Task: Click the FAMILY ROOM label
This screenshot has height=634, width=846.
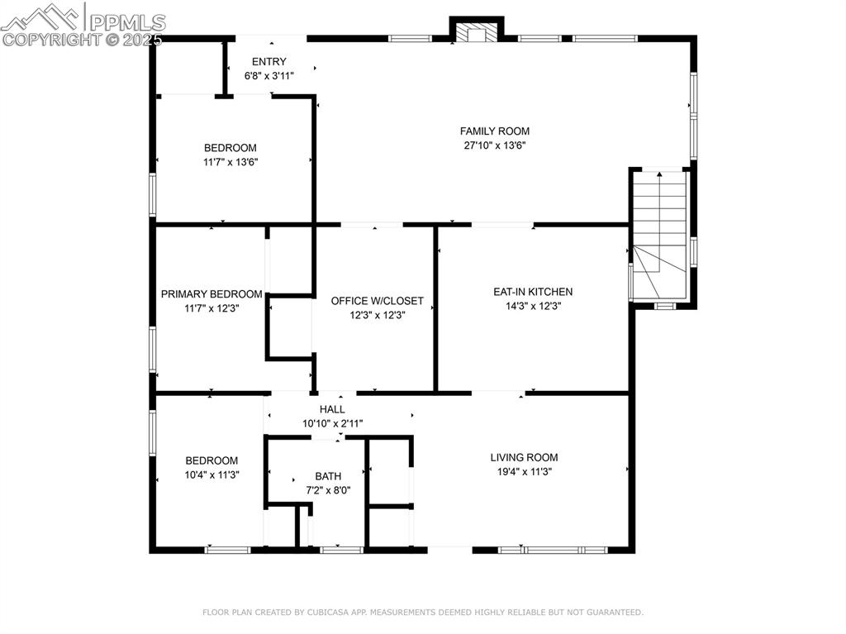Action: tap(495, 131)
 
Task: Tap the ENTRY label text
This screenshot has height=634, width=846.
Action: tap(269, 61)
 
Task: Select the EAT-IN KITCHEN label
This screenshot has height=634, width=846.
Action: tap(533, 292)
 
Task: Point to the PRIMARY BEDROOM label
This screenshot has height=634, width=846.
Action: tap(211, 294)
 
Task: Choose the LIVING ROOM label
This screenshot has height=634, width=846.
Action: tap(524, 457)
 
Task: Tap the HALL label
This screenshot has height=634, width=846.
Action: tap(332, 409)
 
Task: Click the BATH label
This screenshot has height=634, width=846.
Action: tap(328, 476)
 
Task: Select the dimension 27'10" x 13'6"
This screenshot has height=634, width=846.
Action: tap(495, 145)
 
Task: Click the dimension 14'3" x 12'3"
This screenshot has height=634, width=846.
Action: tap(533, 306)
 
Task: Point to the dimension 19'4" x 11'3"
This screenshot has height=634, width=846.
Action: tap(524, 471)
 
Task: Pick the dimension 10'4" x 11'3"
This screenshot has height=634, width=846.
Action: tap(211, 474)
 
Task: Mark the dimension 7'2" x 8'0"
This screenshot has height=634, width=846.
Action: tap(328, 490)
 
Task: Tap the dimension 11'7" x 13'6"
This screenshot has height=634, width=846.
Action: tap(231, 162)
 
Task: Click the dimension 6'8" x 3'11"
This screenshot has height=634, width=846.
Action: tap(269, 75)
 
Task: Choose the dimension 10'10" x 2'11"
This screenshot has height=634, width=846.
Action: tap(332, 423)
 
